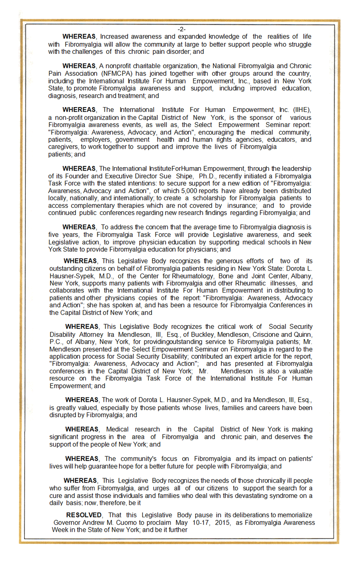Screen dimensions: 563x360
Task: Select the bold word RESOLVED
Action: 84,515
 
